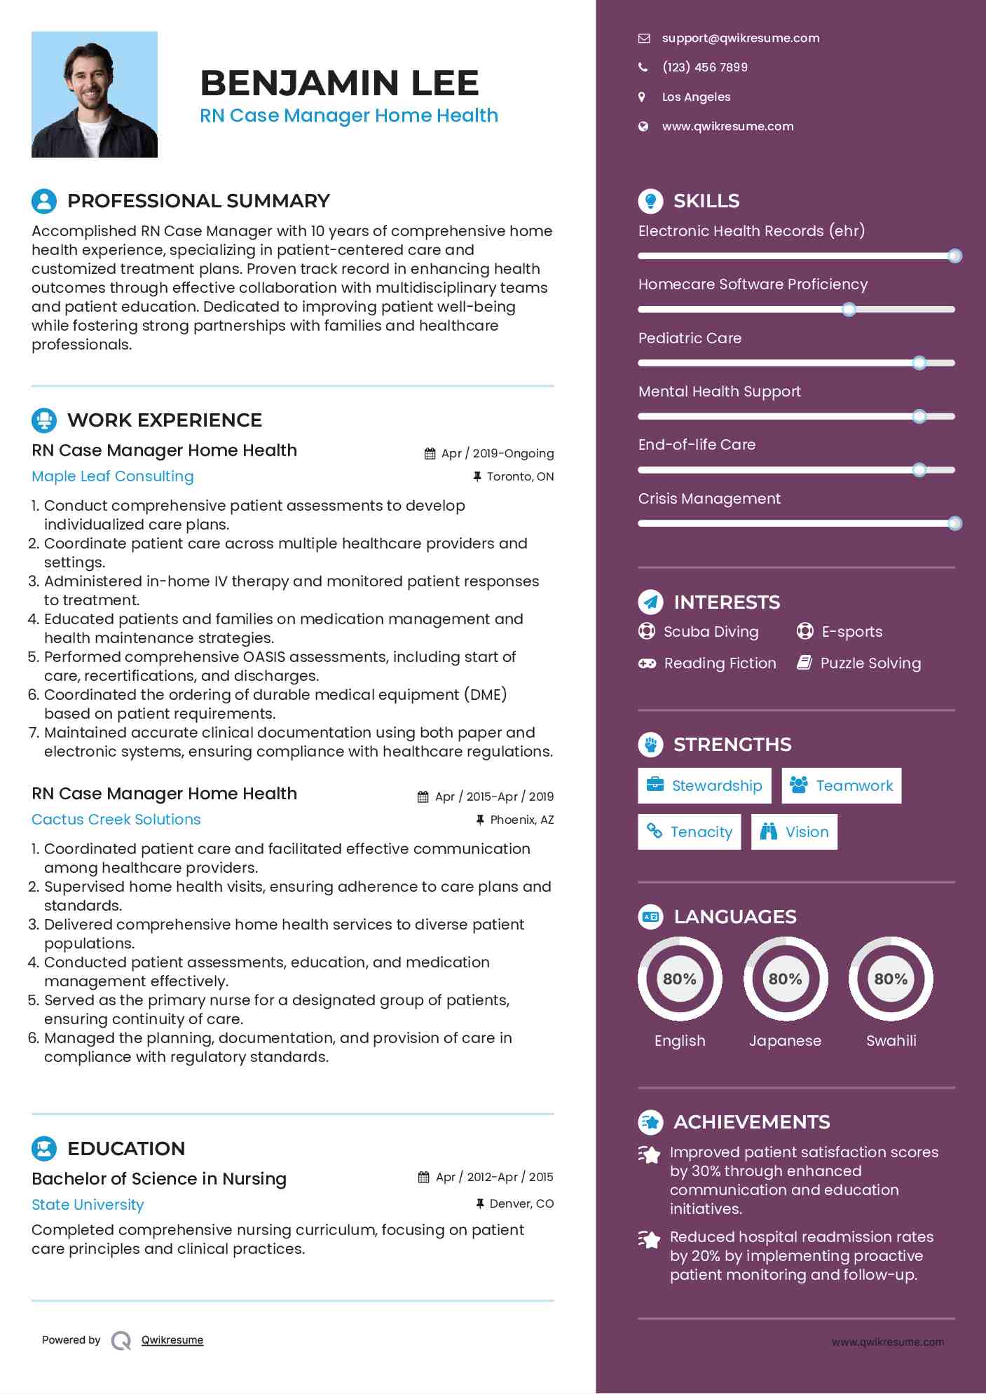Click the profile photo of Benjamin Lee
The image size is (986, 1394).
click(95, 95)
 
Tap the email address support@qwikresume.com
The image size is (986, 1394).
click(740, 39)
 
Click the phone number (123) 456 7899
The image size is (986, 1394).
click(704, 67)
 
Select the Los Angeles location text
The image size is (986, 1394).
click(696, 97)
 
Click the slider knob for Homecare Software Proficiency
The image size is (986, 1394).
click(849, 310)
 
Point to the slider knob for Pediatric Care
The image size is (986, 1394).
click(919, 363)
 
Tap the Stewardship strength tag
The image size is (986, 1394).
click(704, 786)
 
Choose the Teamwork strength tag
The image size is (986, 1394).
click(841, 786)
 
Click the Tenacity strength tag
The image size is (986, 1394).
click(689, 832)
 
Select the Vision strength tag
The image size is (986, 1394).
click(794, 832)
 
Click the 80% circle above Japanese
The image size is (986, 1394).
click(786, 979)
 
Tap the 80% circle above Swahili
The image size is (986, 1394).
click(891, 979)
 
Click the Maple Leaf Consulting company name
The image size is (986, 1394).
click(113, 476)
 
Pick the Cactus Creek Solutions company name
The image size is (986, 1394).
click(116, 820)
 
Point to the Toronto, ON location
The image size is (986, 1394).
click(520, 477)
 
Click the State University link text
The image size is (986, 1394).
click(88, 1205)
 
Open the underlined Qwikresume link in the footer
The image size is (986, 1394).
click(172, 1340)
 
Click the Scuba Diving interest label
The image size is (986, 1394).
click(711, 632)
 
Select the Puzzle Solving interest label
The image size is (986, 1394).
click(870, 663)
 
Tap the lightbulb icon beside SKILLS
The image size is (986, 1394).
click(651, 201)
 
